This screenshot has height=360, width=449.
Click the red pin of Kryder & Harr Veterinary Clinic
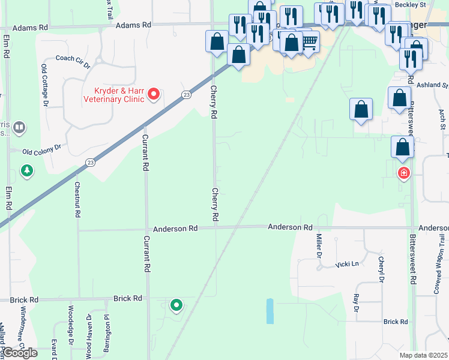point(154,94)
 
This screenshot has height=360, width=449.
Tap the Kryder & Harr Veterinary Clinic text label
point(119,95)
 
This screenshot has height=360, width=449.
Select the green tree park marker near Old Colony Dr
point(27,172)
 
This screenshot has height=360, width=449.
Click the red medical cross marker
point(404,173)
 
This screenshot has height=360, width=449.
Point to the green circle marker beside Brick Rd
point(176,305)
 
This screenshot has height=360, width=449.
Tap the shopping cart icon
point(309,41)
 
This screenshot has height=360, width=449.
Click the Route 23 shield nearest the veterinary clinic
point(187,95)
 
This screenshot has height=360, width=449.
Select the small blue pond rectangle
point(270,311)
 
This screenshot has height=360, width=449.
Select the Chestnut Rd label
point(77,200)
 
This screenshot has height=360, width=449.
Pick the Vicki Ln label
point(347,264)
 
